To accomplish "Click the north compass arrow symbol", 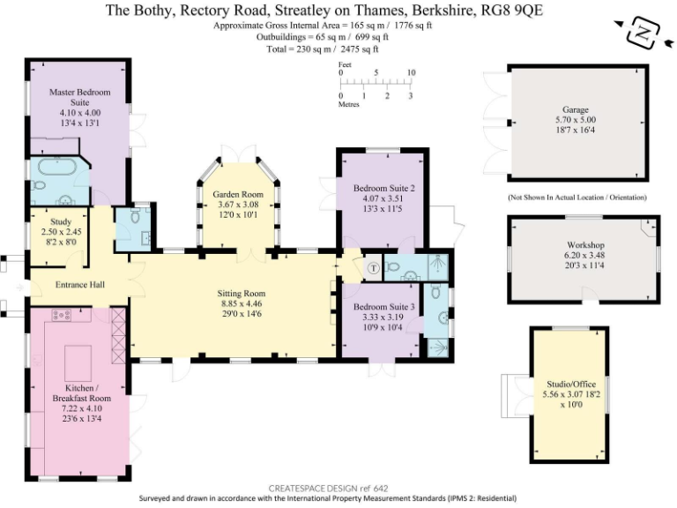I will click(x=644, y=33).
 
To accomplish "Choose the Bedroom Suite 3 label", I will click(x=383, y=307).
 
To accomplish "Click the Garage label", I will click(x=576, y=110).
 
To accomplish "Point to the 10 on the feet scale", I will click(x=411, y=73).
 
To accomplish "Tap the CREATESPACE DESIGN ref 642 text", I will click(x=328, y=488).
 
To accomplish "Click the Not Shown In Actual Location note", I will click(x=577, y=197).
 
